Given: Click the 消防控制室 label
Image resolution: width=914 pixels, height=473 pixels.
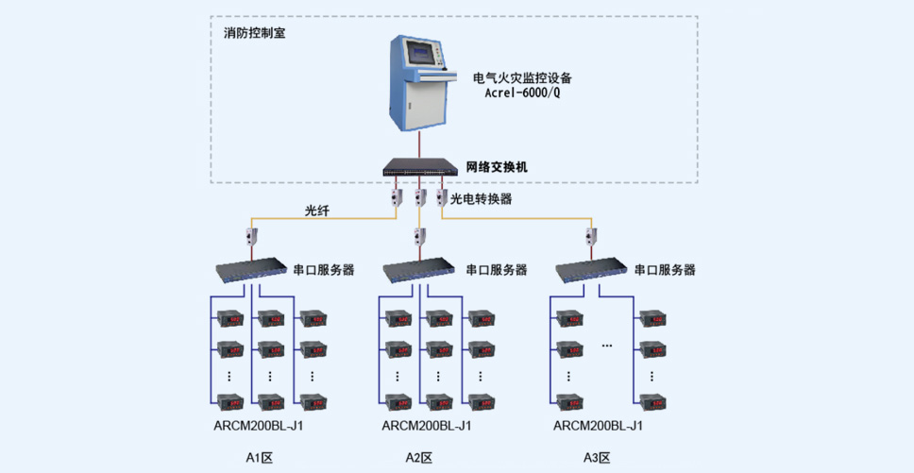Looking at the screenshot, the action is coord(255,33).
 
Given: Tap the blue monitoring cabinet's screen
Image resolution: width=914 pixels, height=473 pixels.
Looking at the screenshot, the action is coord(422,55).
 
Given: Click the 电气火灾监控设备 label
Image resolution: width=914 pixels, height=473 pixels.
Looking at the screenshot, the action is coord(523,77).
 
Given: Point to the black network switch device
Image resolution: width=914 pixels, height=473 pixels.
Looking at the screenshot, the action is coord(420,167).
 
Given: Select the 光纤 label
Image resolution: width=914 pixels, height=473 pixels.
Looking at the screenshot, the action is coord(317,211).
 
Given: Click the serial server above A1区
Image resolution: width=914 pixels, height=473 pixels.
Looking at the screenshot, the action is coord(251,268).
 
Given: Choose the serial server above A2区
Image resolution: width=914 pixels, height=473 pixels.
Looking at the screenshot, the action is coord(419,268).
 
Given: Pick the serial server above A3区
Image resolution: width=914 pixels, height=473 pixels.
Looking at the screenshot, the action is coord(591,268).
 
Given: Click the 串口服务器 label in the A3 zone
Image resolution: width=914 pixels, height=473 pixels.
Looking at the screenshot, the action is coord(665,270).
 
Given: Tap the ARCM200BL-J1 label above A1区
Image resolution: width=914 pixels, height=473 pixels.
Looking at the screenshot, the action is coord(258,425).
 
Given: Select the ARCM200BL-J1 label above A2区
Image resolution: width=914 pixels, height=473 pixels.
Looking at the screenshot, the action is coord(427,425).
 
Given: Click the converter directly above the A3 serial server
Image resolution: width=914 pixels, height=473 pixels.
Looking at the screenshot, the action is coord(591,237).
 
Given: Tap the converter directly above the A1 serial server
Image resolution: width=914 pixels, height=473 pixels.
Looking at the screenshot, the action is coord(252,237).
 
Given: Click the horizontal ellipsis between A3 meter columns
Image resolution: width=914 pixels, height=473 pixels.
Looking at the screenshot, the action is coord(607,346).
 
